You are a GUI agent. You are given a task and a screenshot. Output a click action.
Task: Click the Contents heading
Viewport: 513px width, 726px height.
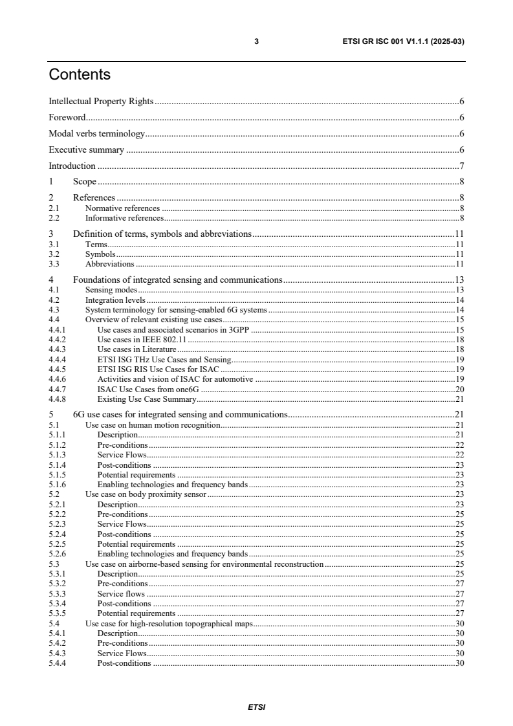click(x=80, y=75)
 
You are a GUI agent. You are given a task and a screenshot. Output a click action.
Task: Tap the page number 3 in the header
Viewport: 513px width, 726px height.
click(x=256, y=41)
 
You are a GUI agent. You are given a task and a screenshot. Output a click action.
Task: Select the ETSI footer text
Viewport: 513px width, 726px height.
click(x=256, y=707)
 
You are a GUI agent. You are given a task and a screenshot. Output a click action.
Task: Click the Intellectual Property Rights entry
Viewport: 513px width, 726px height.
click(x=101, y=102)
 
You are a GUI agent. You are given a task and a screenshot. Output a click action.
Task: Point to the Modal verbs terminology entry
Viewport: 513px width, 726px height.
click(x=97, y=134)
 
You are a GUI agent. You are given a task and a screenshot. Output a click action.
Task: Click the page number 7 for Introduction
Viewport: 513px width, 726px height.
click(x=461, y=166)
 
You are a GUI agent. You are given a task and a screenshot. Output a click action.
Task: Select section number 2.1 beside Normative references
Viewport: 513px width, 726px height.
click(x=54, y=208)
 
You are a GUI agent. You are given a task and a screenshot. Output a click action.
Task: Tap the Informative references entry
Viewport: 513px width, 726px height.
click(x=124, y=218)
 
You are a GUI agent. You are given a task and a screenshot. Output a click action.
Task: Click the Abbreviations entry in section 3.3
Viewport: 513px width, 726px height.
click(x=110, y=264)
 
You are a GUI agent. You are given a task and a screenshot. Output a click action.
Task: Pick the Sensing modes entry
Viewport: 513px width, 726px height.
click(x=111, y=291)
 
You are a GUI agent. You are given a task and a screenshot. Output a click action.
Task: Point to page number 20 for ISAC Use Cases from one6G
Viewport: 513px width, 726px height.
click(x=459, y=389)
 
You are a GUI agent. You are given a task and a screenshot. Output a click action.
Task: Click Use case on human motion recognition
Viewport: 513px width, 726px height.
click(x=153, y=425)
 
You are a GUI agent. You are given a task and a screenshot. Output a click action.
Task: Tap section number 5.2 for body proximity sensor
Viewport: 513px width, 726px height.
click(x=54, y=494)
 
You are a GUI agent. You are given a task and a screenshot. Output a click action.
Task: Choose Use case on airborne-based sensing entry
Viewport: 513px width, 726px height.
click(x=204, y=564)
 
